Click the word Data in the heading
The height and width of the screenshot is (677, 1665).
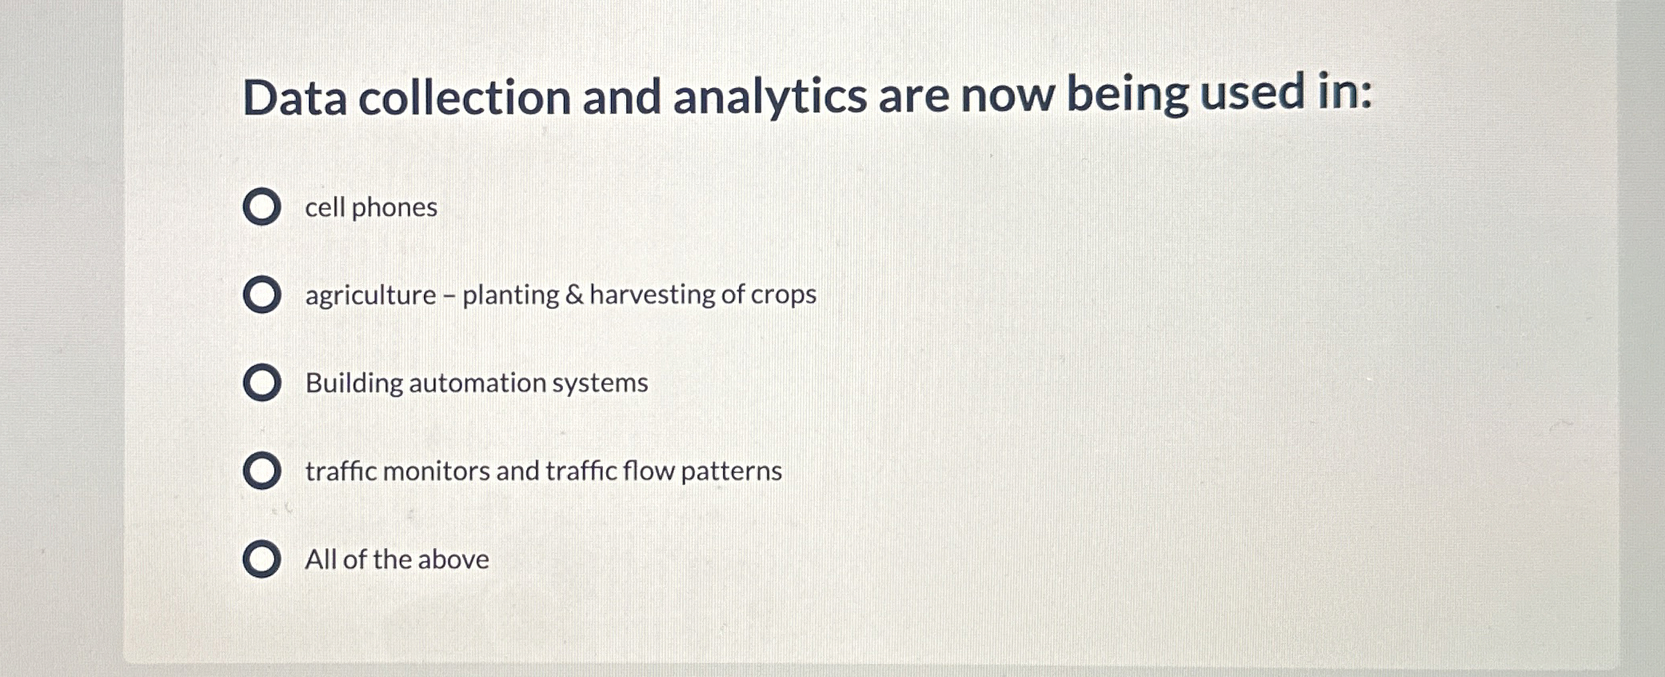[295, 98]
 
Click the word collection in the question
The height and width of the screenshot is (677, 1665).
[465, 98]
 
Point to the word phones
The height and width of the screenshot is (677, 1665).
[394, 208]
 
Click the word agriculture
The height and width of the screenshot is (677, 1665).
[371, 296]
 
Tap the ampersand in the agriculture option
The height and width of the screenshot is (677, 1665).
[574, 294]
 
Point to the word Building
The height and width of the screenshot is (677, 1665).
[354, 383]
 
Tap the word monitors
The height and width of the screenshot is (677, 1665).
[436, 471]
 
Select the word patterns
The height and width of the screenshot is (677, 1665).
[731, 471]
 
